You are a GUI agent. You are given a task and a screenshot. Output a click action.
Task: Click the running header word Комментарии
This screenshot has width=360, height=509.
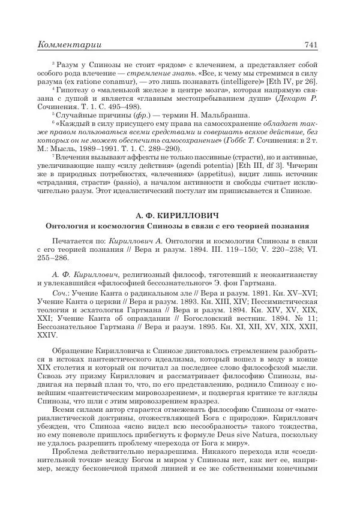70,45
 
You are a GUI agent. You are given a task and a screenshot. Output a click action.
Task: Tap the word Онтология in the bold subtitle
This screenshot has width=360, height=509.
68,226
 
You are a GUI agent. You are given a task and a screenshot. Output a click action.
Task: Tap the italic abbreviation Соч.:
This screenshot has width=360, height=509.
61,287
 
